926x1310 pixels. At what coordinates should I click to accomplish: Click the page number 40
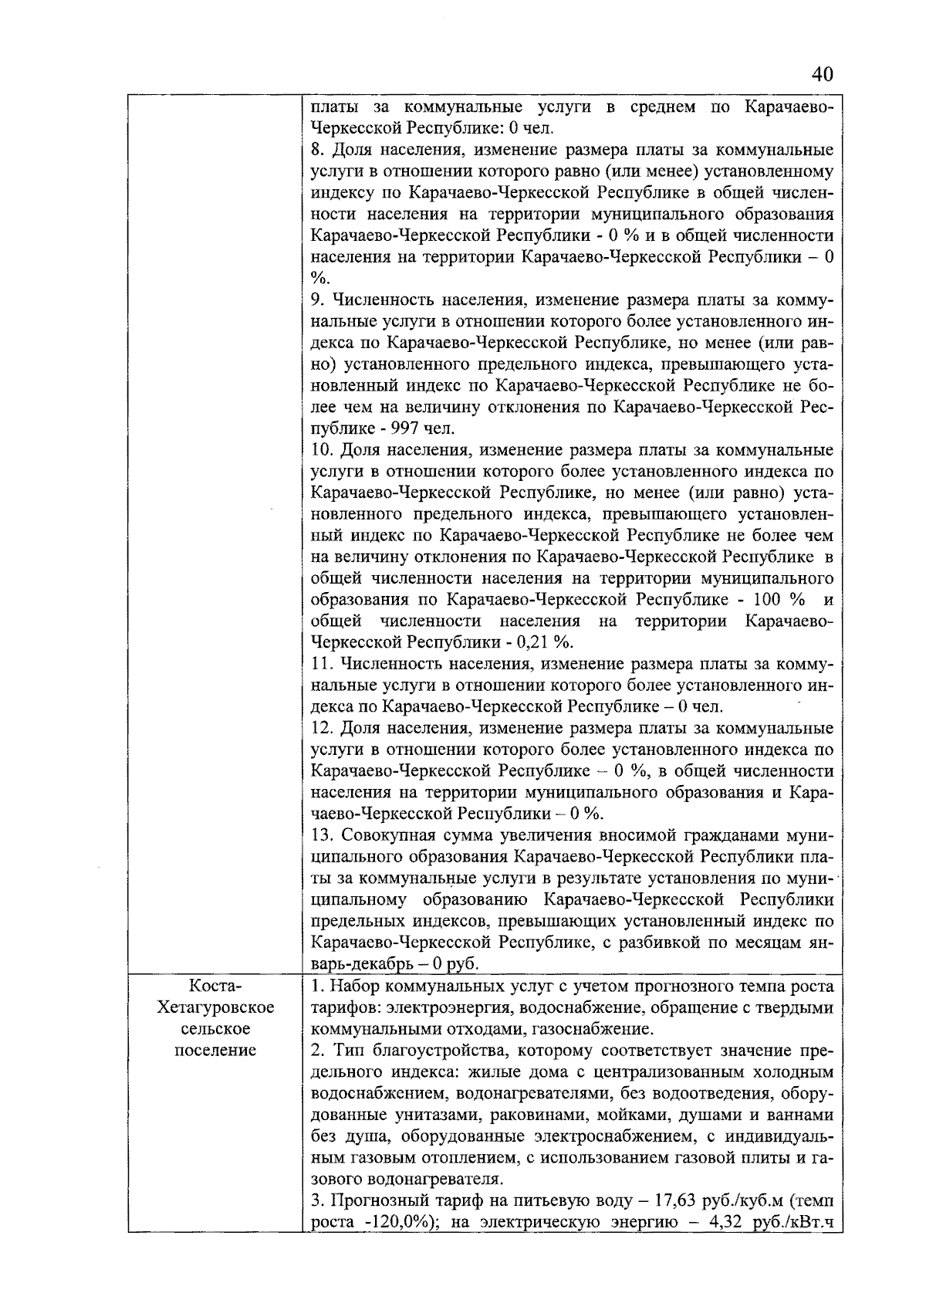[822, 75]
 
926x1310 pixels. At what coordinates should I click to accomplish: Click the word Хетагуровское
[215, 1007]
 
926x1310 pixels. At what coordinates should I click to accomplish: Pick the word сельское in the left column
[215, 1029]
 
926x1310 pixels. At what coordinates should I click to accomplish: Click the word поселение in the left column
[215, 1051]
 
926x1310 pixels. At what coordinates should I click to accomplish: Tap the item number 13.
[321, 835]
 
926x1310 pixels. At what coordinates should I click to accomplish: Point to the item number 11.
[321, 664]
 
